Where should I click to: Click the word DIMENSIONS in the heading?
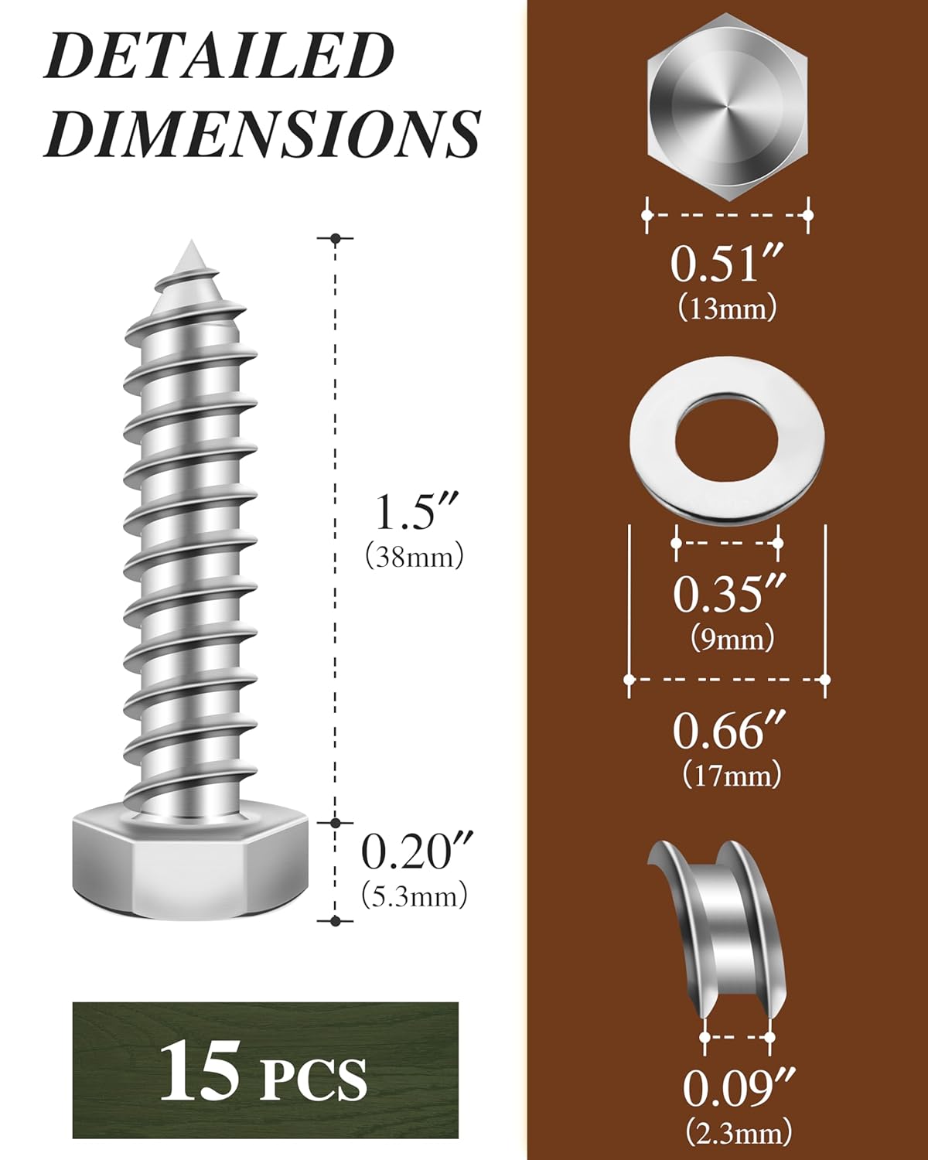coord(262,135)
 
